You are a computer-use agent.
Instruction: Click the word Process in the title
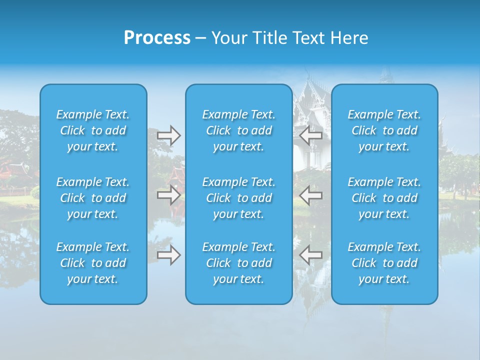point(157,38)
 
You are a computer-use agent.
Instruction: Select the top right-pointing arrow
point(169,135)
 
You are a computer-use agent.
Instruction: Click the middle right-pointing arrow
point(169,195)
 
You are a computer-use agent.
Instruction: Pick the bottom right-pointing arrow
point(169,255)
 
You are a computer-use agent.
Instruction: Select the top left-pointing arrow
point(310,135)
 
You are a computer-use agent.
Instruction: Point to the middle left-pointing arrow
point(310,195)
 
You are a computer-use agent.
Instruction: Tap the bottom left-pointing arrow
point(310,255)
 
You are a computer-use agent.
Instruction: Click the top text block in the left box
point(93,130)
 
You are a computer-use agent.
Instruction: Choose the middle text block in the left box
point(93,198)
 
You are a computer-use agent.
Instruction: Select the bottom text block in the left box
point(93,263)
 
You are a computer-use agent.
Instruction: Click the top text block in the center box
point(239,130)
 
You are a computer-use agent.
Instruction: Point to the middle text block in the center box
point(239,198)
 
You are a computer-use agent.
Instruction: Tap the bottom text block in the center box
point(239,263)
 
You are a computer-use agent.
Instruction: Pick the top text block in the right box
point(384,130)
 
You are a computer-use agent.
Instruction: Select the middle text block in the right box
point(384,198)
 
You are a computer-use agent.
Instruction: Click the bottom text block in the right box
point(384,263)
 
